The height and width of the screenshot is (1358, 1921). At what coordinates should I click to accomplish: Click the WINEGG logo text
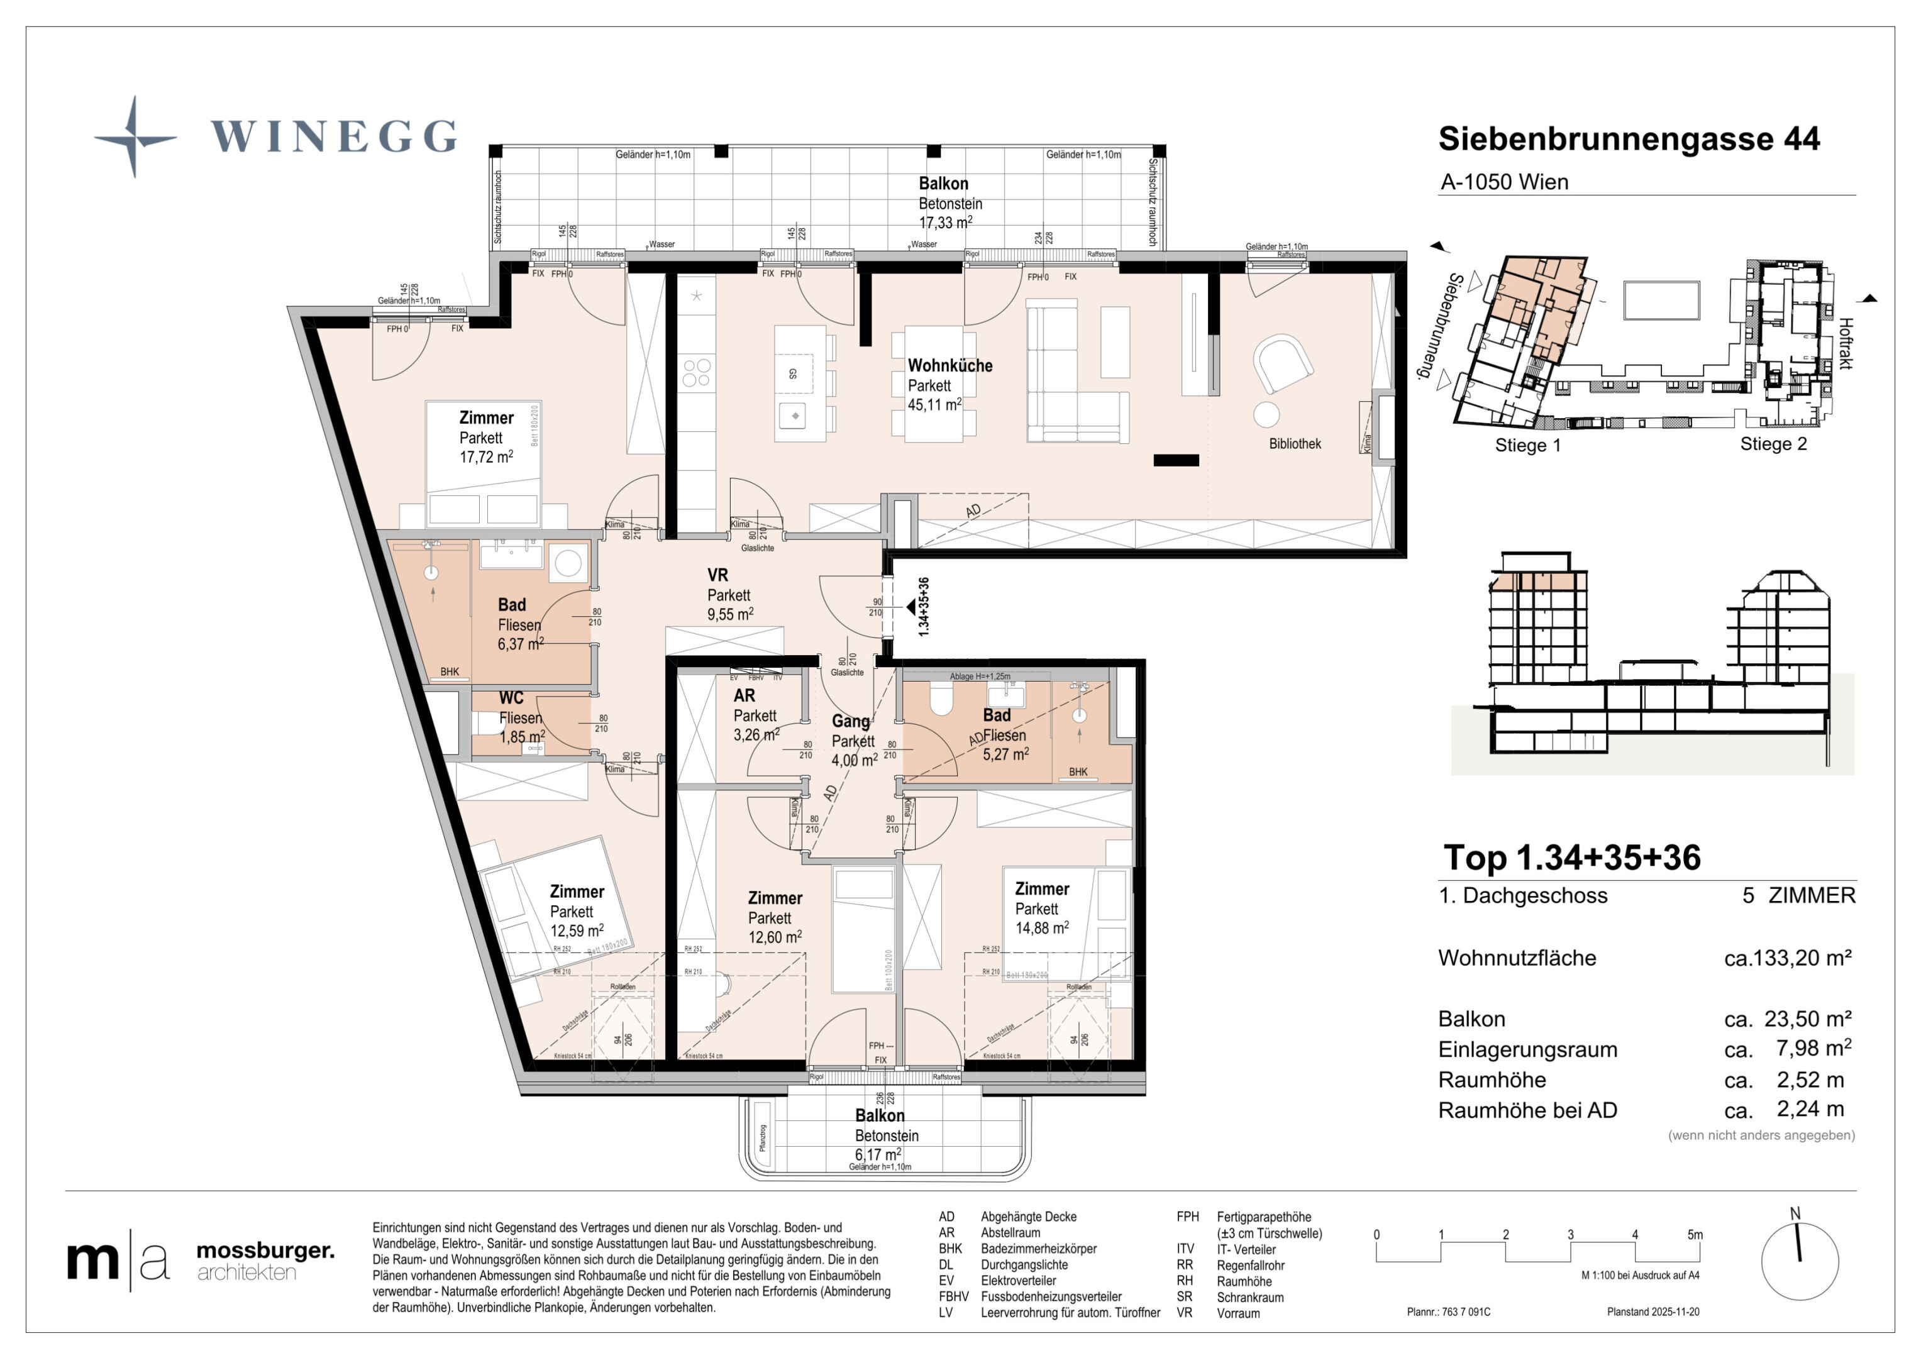point(333,136)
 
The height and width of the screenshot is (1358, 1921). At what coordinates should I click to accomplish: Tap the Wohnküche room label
point(949,366)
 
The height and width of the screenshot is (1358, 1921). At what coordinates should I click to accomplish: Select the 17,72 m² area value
point(485,457)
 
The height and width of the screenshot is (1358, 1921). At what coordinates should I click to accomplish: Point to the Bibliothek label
point(1294,443)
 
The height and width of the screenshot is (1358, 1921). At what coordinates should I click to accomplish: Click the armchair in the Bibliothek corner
point(1282,362)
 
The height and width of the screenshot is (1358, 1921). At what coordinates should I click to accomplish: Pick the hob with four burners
point(696,373)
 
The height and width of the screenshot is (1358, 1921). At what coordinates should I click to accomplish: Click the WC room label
point(511,698)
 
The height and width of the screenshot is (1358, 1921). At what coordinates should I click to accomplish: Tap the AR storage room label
point(744,695)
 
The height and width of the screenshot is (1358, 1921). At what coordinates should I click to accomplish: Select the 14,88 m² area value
point(1042,928)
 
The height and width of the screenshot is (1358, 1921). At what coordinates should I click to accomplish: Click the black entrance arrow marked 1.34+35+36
point(911,606)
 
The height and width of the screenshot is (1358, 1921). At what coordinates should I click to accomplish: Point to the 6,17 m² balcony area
point(877,1155)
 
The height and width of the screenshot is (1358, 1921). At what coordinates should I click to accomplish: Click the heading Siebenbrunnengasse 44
point(1628,139)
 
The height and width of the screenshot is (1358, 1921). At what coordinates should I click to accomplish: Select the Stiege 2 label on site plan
point(1773,444)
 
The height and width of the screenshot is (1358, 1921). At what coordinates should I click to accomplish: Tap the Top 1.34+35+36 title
point(1571,858)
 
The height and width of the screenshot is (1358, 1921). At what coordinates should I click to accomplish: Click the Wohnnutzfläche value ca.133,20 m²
point(1787,958)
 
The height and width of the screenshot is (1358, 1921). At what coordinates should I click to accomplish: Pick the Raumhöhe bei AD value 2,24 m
point(1810,1110)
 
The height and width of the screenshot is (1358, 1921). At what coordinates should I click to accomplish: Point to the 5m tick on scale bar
point(1694,1235)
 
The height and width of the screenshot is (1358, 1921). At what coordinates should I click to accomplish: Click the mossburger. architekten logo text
point(264,1261)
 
